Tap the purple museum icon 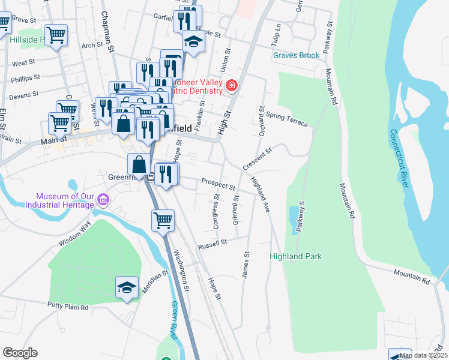click(103, 199)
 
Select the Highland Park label click(295, 256)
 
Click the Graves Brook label click(296, 55)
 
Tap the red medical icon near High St click(231, 87)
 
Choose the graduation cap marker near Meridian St click(127, 288)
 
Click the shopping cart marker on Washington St click(163, 221)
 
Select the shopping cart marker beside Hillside click(56, 35)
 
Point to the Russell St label click(214, 243)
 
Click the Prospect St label click(218, 183)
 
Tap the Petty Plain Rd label click(68, 307)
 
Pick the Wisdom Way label click(74, 234)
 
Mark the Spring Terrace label click(287, 119)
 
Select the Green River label click(175, 320)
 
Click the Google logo click(20, 353)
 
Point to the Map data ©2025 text click(423, 355)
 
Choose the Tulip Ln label click(277, 35)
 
